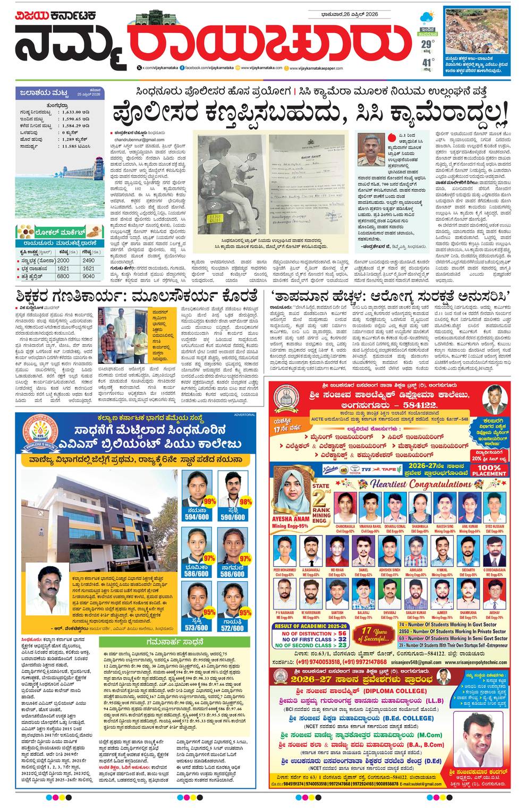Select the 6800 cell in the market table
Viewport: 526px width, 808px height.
coord(63,276)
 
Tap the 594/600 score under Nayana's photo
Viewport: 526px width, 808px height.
coord(197,516)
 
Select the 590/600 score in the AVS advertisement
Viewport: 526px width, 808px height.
coord(233,516)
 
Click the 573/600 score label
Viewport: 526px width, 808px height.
coord(197,627)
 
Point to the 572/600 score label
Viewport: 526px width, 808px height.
coord(233,627)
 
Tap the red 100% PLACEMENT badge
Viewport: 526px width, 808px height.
coord(488,470)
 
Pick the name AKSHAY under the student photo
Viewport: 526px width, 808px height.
coord(494,612)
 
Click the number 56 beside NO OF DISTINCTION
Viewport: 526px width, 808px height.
coord(341,633)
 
